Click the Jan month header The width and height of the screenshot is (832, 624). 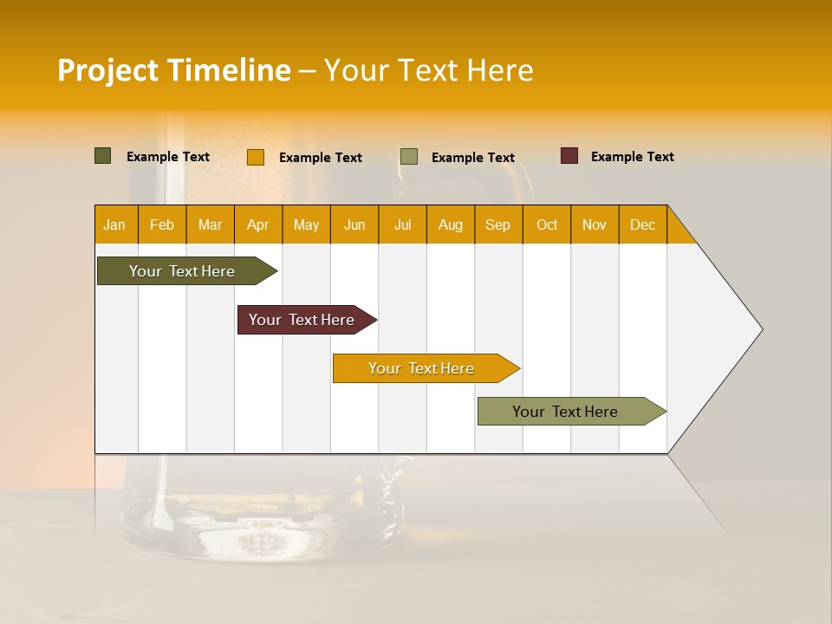tap(114, 224)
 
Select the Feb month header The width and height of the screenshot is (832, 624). tap(162, 224)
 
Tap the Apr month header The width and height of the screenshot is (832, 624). tap(258, 224)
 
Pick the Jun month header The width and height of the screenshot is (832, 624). tap(354, 224)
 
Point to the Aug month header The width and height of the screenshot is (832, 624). tap(451, 224)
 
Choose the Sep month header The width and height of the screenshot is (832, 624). tap(497, 224)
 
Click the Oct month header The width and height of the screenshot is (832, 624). tap(547, 224)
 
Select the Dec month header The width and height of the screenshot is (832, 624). tap(642, 224)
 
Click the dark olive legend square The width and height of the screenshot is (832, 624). tap(103, 156)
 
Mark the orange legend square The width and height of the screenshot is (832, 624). tap(256, 157)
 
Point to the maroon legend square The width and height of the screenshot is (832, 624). tap(569, 156)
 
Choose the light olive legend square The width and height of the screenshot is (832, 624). tap(409, 157)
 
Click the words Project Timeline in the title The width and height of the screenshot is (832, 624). tap(174, 70)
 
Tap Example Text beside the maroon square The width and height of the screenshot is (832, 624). tap(632, 157)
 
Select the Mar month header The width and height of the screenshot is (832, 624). tap(210, 224)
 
